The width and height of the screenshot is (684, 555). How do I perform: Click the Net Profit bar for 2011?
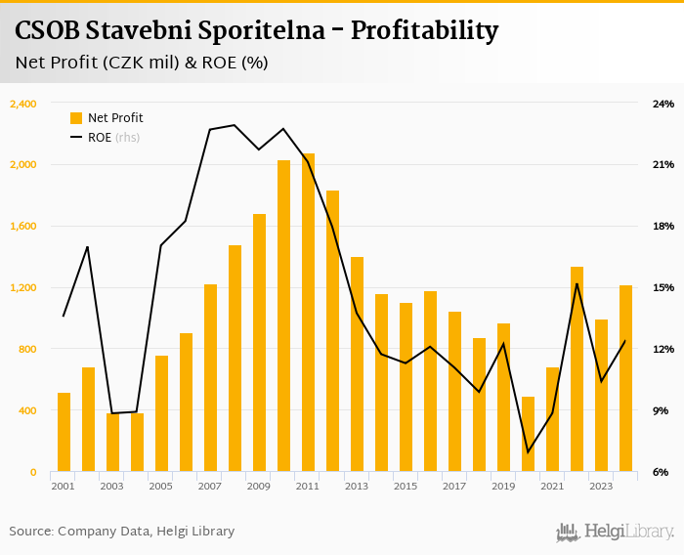[308, 313]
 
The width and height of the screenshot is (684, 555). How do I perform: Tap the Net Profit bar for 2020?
[528, 434]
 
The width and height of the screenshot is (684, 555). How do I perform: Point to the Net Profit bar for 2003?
[112, 443]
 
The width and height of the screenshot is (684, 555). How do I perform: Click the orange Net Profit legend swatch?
[76, 118]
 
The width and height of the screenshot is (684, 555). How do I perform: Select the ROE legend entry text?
[100, 138]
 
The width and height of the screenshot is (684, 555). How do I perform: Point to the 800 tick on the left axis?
[26, 350]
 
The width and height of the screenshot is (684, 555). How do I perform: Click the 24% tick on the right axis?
[663, 104]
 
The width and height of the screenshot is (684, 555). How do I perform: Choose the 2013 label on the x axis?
[356, 487]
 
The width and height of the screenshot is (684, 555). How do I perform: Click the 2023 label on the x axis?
[600, 487]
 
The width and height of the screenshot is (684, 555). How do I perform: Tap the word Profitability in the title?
[424, 31]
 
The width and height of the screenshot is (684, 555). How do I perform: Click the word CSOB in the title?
[47, 31]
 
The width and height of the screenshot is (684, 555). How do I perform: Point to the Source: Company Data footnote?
[121, 532]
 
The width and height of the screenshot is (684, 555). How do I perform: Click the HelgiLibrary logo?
[616, 532]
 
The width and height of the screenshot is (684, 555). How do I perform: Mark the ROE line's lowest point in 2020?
[528, 451]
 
